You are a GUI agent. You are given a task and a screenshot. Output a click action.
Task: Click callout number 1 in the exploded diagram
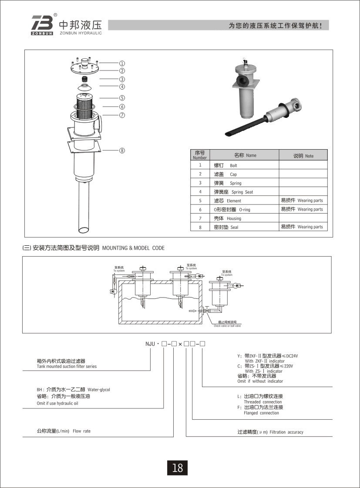point(122,63)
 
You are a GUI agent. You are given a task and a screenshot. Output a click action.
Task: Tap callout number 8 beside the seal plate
point(122,150)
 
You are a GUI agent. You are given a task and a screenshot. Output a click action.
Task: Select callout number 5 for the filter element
point(122,98)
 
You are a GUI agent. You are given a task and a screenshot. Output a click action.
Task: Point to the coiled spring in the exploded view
point(86,79)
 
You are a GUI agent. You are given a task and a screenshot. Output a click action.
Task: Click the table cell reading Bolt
point(233,166)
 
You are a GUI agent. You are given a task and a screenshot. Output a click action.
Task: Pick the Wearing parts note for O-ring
point(310,209)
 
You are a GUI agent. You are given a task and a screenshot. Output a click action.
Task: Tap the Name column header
point(251,155)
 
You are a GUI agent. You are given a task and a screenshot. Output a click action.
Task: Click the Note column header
point(309,156)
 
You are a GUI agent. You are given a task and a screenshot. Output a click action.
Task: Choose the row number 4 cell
point(200,192)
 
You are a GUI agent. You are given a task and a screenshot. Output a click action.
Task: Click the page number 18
point(178,468)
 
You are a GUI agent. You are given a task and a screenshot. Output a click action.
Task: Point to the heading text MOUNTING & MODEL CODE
point(133,248)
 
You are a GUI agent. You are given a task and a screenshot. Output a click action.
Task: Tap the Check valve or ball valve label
point(227,325)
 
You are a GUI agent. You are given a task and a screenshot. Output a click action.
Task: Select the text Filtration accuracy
point(286,432)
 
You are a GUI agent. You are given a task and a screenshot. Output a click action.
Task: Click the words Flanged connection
point(261,413)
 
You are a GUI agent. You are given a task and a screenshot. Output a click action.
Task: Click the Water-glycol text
point(99,390)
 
